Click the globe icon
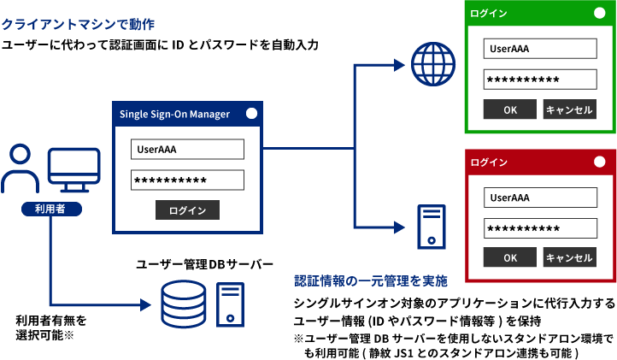point(433,62)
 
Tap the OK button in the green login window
point(510,109)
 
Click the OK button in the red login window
point(510,257)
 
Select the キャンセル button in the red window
point(569,257)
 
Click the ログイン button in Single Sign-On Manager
point(187,210)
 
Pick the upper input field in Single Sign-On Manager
point(187,150)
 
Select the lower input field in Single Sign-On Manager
point(187,180)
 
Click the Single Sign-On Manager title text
point(174,114)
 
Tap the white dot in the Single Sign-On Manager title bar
point(251,113)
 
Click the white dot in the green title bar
point(599,14)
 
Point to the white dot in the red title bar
point(599,162)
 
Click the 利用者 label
point(50,209)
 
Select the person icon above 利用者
point(20,168)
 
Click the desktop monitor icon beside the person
point(73,170)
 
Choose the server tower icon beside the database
point(230,304)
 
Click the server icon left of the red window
point(431,227)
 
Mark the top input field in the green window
point(539,48)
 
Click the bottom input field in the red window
point(540,228)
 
